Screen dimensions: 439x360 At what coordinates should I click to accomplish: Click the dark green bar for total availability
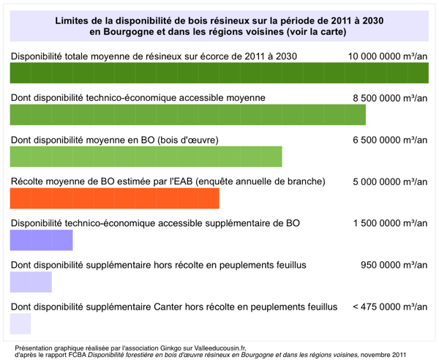[219, 72]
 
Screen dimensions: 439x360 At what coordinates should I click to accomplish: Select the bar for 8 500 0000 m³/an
[188, 115]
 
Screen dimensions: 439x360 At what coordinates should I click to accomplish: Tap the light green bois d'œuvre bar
[146, 157]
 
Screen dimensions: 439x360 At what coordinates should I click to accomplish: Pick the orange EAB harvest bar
[115, 198]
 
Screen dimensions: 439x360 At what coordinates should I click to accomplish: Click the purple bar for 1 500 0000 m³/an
[42, 240]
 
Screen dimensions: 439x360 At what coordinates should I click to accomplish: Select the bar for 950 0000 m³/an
[31, 282]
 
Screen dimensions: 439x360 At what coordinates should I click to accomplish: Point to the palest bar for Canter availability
[20, 323]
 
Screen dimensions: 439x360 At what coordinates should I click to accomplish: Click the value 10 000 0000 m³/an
[388, 56]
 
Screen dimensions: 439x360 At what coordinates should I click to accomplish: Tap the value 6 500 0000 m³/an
[390, 140]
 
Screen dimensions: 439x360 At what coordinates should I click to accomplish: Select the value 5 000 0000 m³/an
[390, 182]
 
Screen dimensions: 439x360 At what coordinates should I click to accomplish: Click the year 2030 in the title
[373, 20]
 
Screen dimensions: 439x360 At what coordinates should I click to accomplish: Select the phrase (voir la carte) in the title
[316, 32]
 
